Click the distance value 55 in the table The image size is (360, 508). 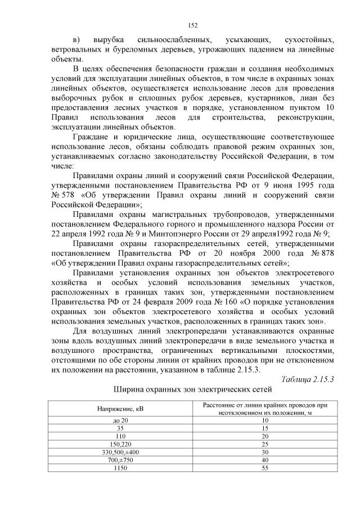point(265,467)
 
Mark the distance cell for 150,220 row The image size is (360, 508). point(265,443)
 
